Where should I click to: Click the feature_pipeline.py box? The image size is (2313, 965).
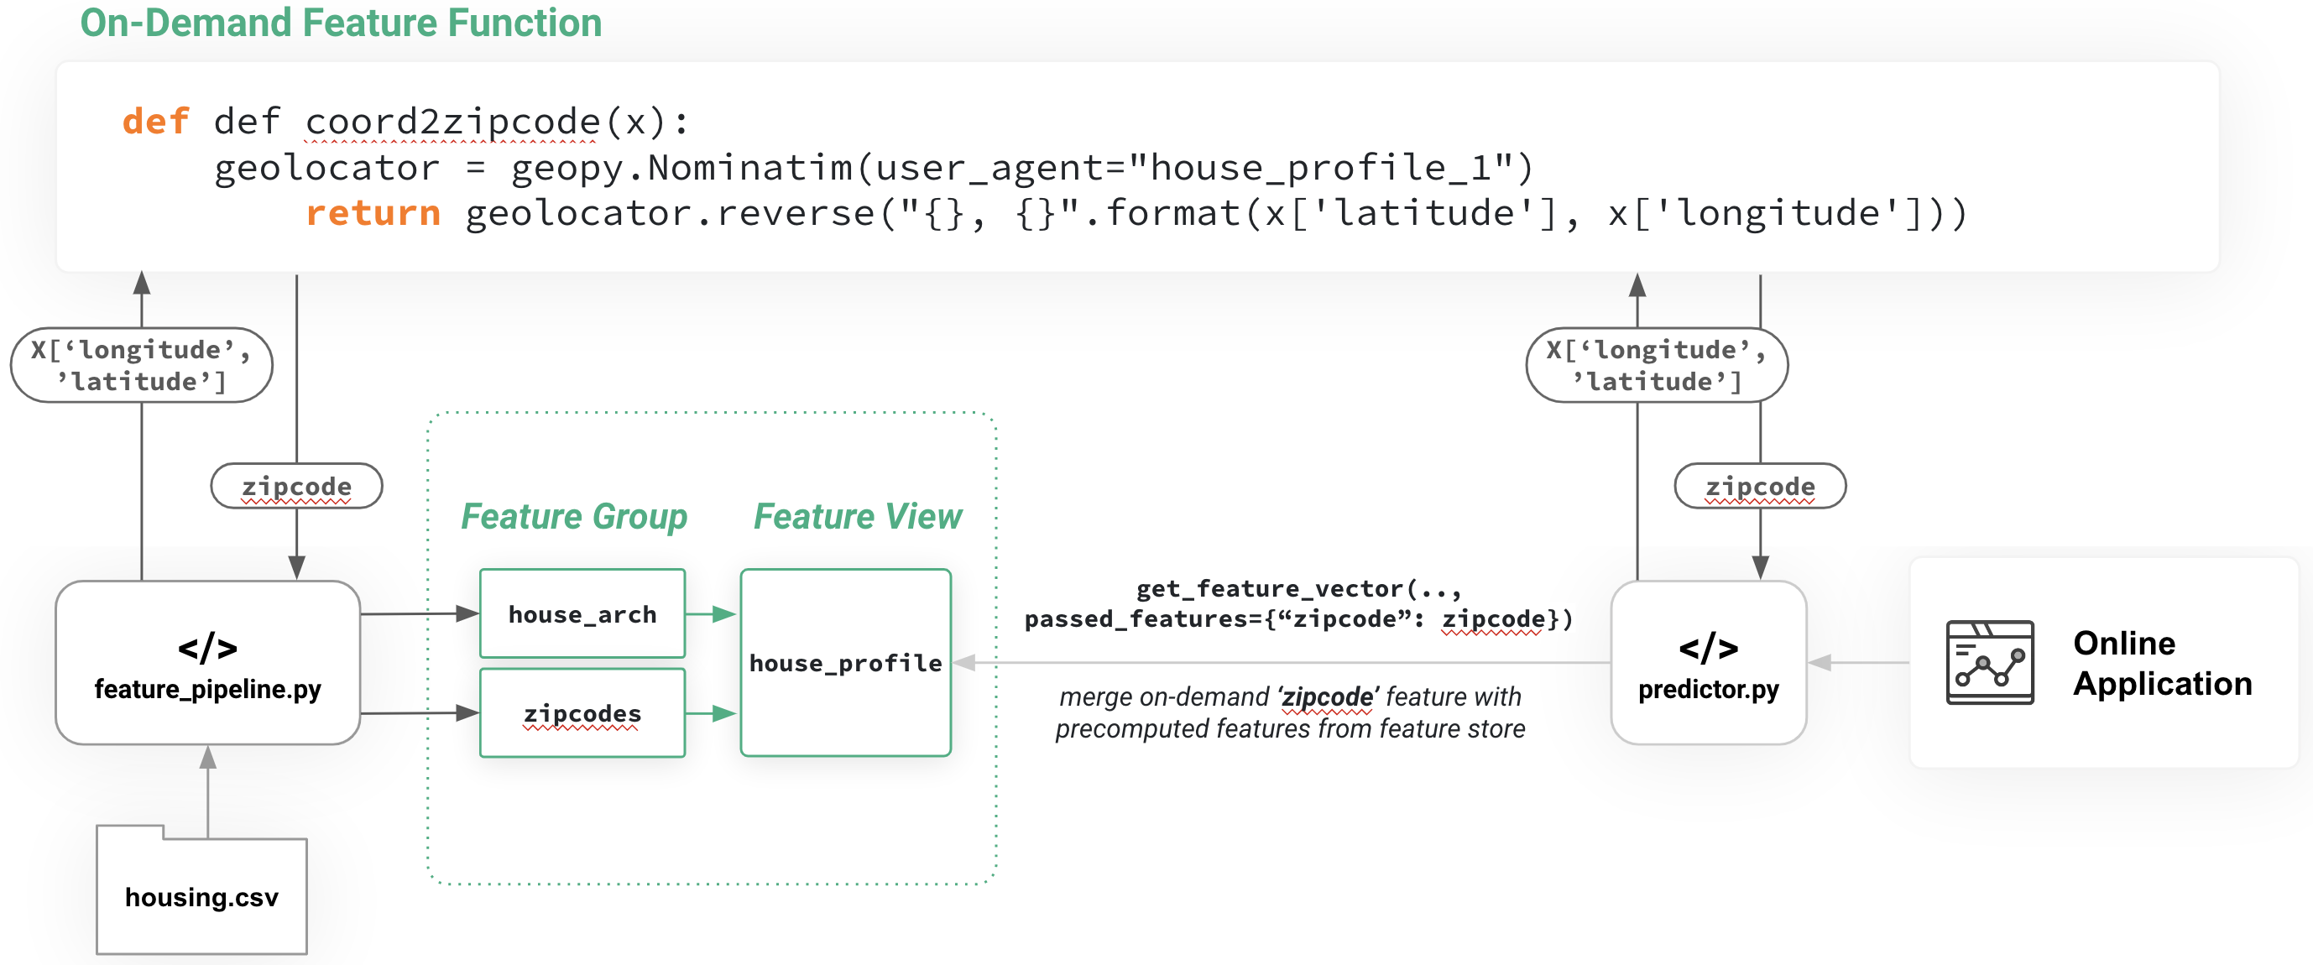point(207,662)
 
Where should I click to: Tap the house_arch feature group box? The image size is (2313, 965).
point(582,614)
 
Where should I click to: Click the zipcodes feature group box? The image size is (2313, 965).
point(582,712)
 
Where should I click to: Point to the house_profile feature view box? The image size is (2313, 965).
point(845,662)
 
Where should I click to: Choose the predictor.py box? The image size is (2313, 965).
point(1708,662)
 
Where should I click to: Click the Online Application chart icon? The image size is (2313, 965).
point(1989,662)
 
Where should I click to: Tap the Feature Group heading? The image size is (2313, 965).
point(574,516)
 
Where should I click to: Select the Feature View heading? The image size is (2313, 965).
point(858,516)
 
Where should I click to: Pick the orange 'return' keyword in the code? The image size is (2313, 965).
point(373,213)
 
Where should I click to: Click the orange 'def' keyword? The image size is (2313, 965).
point(155,121)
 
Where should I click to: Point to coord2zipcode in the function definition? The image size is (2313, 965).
point(452,121)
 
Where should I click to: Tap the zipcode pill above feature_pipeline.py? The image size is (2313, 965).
point(296,486)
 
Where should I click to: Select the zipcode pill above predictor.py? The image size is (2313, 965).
point(1760,486)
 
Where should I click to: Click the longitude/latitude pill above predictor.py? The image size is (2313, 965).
point(1657,364)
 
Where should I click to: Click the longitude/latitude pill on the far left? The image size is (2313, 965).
point(141,364)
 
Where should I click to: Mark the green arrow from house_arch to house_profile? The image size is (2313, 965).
point(712,614)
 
